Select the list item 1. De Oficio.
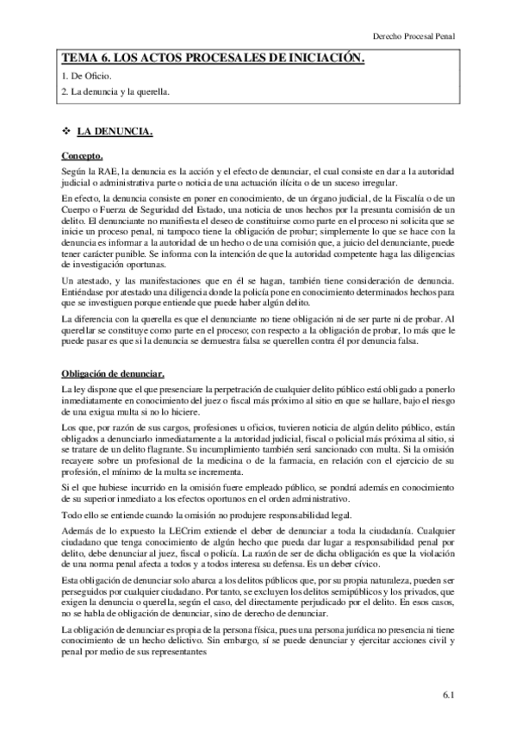(88, 77)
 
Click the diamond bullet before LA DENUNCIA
(65, 132)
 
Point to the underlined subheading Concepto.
(83, 156)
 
